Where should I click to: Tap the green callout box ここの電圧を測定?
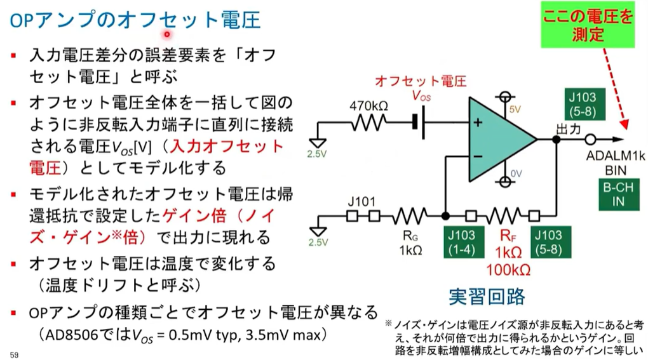(588, 25)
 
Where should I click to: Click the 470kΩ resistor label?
(368, 105)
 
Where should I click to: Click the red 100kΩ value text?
(508, 269)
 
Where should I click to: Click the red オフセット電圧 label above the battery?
(421, 81)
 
